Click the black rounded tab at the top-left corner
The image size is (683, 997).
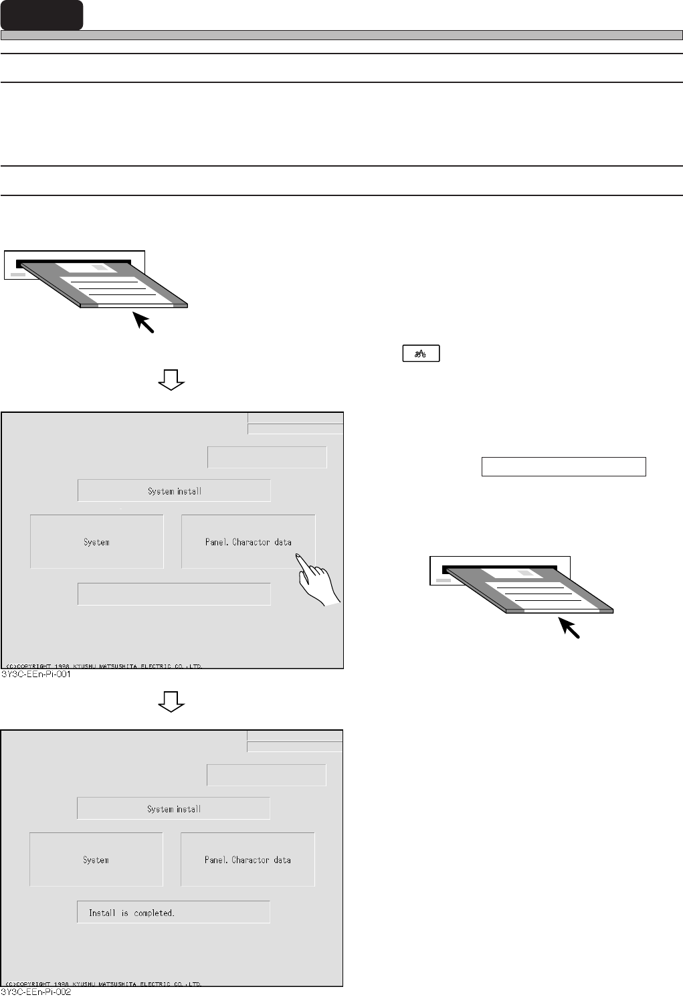(41, 15)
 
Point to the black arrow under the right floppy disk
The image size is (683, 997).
(570, 628)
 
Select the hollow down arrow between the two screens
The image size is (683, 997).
(171, 701)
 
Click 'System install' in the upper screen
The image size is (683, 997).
(174, 491)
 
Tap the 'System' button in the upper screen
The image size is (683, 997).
(97, 542)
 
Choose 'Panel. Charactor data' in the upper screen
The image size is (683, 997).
(248, 542)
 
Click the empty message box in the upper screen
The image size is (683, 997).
(174, 594)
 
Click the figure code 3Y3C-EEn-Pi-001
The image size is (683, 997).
(37, 674)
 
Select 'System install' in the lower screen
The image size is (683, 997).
(173, 809)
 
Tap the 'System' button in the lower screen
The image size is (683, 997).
(96, 860)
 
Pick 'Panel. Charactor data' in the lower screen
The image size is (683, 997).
(248, 860)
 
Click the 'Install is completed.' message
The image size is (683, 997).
(173, 913)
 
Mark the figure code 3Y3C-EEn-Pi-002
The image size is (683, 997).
(37, 992)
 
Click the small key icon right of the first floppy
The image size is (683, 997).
(421, 354)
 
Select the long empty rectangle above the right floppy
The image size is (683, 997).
(563, 466)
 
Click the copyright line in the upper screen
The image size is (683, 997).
(104, 666)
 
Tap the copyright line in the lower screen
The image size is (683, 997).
(104, 984)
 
